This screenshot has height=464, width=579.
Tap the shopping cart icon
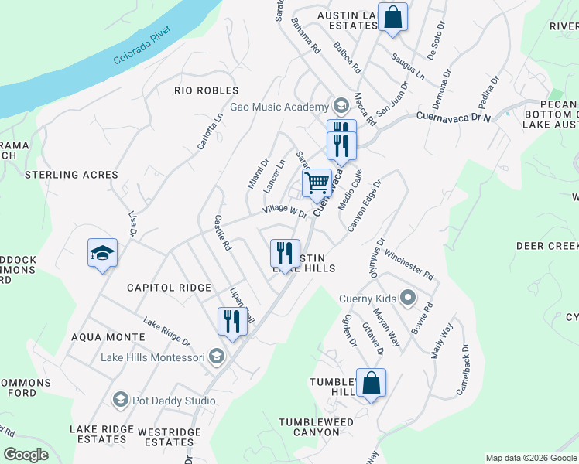pyautogui.click(x=317, y=183)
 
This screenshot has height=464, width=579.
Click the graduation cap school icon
pyautogui.click(x=102, y=253)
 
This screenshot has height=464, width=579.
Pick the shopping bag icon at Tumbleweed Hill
pyautogui.click(x=371, y=383)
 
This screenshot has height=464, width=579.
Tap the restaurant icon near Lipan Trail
pyautogui.click(x=232, y=320)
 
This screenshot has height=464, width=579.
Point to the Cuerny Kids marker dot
pyautogui.click(x=408, y=299)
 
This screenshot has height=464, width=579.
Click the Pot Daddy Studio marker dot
pyautogui.click(x=120, y=400)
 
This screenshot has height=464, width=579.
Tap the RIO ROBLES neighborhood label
pyautogui.click(x=206, y=90)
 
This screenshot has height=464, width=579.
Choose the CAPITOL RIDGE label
pyautogui.click(x=170, y=288)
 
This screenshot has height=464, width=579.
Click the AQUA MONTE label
pyautogui.click(x=108, y=337)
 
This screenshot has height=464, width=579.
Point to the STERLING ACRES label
pyautogui.click(x=71, y=175)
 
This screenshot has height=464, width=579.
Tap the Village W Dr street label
pyautogui.click(x=285, y=210)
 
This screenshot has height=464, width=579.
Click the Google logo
pyautogui.click(x=26, y=455)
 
